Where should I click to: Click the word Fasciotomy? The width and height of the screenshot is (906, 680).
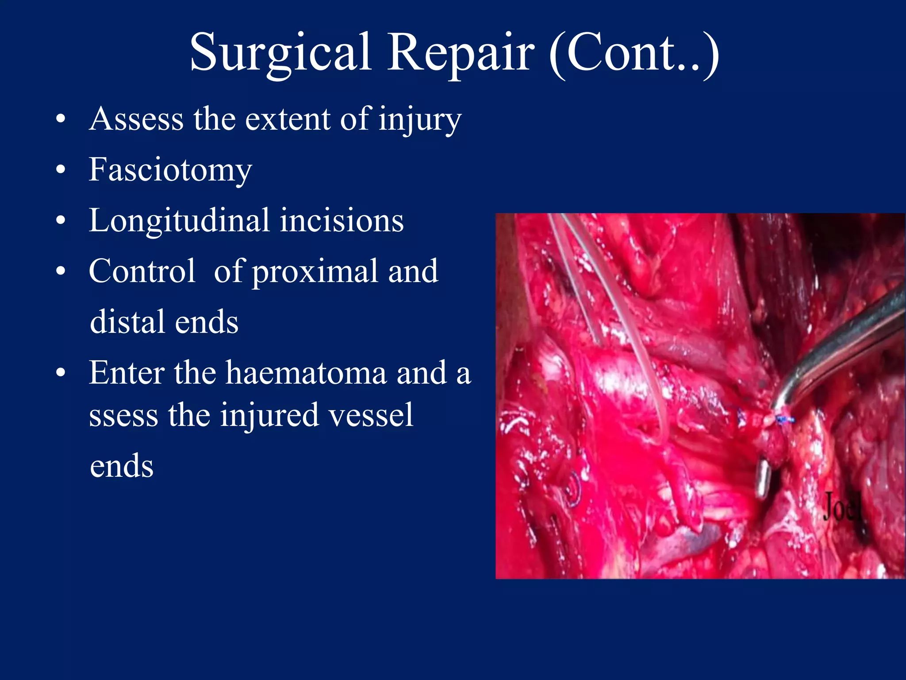pos(170,170)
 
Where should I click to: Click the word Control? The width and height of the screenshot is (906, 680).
pos(142,271)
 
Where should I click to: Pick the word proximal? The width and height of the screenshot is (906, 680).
pos(315,272)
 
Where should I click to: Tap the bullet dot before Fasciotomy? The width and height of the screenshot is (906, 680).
pos(61,170)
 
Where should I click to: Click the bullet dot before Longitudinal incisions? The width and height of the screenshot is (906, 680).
pos(61,220)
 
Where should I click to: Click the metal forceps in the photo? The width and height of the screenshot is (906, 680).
pos(841,345)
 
